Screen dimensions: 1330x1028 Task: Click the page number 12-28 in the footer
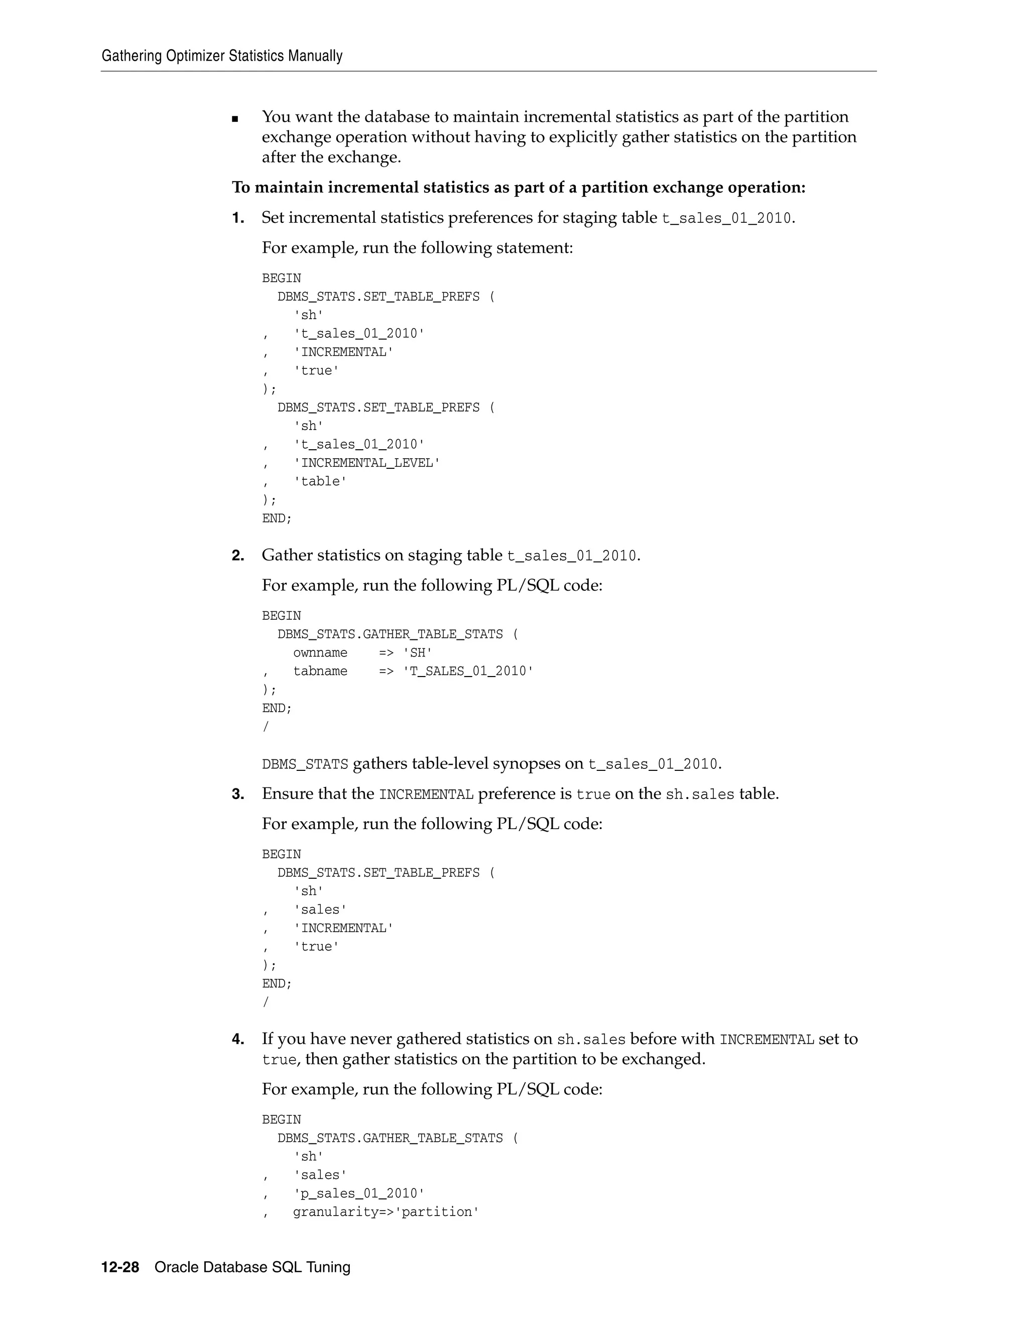coord(120,1267)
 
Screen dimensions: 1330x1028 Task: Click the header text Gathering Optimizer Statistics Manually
coord(222,56)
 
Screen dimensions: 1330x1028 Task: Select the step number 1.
coord(237,218)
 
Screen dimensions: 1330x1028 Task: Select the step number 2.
coord(237,556)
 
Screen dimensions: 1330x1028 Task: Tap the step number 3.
coord(237,794)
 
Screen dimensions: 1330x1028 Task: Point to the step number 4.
coord(237,1039)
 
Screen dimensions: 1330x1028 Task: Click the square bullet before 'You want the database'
coord(235,119)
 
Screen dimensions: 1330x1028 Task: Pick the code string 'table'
coord(320,481)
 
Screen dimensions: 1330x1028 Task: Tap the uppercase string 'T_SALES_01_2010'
coord(468,671)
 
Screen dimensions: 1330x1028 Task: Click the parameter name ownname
coord(320,653)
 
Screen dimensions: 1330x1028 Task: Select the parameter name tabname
coord(320,671)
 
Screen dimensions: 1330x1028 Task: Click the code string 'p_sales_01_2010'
coord(359,1193)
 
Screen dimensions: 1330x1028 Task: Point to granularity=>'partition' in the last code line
coord(385,1212)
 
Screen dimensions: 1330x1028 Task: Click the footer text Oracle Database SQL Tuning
coord(252,1267)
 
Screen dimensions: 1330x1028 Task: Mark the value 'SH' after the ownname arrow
coord(418,653)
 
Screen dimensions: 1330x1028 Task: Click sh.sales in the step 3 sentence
coord(700,794)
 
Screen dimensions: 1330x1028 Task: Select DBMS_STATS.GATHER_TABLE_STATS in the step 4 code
coord(390,1138)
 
